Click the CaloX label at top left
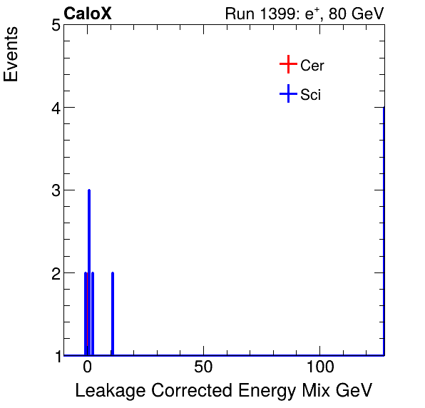pyautogui.click(x=88, y=14)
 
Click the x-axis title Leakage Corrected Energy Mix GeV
pyautogui.click(x=223, y=390)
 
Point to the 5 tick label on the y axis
pyautogui.click(x=54, y=26)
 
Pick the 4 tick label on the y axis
pyautogui.click(x=54, y=108)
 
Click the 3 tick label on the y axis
pyautogui.click(x=54, y=190)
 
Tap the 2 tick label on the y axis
pyautogui.click(x=54, y=273)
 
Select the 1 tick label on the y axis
pyautogui.click(x=54, y=355)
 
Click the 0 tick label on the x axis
pyautogui.click(x=88, y=369)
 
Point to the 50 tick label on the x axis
pyautogui.click(x=204, y=369)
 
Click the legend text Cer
pyautogui.click(x=312, y=66)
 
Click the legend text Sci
pyautogui.click(x=311, y=95)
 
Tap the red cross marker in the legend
pyautogui.click(x=287, y=65)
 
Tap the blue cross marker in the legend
pyautogui.click(x=287, y=93)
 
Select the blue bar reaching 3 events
pyautogui.click(x=89, y=271)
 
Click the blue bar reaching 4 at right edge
pyautogui.click(x=384, y=228)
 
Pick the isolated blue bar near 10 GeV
pyautogui.click(x=113, y=314)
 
